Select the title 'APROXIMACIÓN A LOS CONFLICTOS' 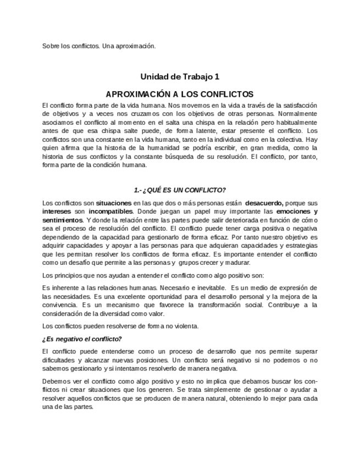pyautogui.click(x=180, y=94)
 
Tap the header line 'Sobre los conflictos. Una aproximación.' pyautogui.click(x=99, y=46)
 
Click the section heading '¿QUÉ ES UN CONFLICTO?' pyautogui.click(x=180, y=190)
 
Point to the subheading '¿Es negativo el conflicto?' pyautogui.click(x=82, y=339)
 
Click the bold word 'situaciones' pyautogui.click(x=114, y=203)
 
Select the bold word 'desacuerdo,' pyautogui.click(x=264, y=203)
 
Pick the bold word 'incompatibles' pyautogui.click(x=110, y=212)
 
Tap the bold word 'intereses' pyautogui.click(x=57, y=212)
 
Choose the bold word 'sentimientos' pyautogui.click(x=63, y=220)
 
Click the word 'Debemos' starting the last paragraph pyautogui.click(x=56, y=381)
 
